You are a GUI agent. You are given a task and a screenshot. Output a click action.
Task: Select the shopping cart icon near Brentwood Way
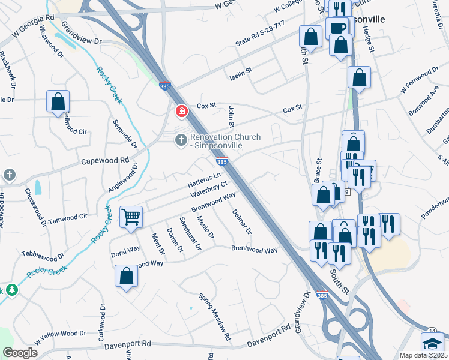[x=131, y=217]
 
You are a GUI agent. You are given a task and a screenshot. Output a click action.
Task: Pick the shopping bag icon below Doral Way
[x=126, y=277]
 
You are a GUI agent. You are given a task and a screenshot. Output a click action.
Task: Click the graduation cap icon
[x=432, y=345]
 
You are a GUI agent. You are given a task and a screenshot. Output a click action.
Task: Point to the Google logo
[x=20, y=353]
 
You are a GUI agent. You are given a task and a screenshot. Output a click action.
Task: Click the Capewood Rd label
[x=105, y=161]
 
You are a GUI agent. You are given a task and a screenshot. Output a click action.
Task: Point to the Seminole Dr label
[x=125, y=134]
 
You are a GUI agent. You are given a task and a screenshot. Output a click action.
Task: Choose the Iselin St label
[x=241, y=77]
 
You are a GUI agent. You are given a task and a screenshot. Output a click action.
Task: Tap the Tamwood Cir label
[x=68, y=217]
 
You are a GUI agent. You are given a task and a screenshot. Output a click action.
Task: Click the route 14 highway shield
[x=432, y=331]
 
